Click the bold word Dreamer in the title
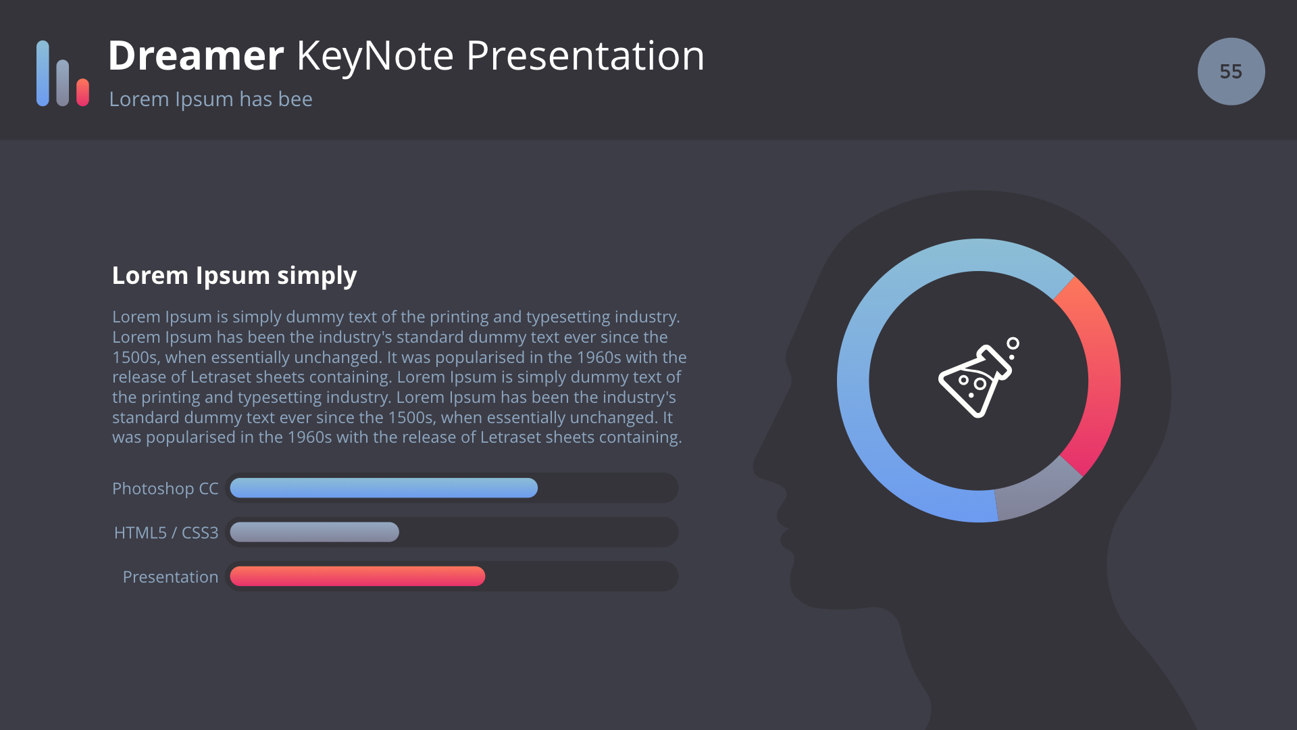[196, 55]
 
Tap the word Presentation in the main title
[585, 55]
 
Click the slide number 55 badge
[1231, 72]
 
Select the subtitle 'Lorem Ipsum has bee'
[211, 99]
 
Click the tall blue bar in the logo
[43, 73]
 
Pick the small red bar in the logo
[83, 92]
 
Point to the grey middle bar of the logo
[63, 82]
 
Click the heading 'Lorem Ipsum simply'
[234, 276]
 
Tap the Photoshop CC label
[166, 489]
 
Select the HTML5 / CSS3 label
[166, 533]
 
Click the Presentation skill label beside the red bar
[170, 577]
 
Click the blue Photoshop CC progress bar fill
[384, 488]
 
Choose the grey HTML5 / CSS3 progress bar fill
[314, 532]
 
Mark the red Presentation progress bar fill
[357, 576]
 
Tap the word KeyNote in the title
[375, 55]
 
